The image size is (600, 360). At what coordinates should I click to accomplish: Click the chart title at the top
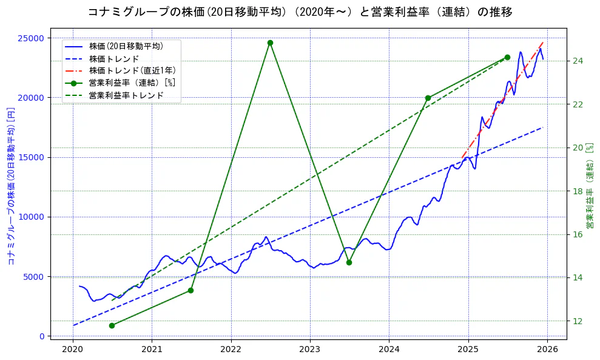click(x=300, y=12)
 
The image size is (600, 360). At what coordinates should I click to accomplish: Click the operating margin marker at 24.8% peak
click(x=270, y=43)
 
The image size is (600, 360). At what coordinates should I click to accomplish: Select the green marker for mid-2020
click(x=112, y=325)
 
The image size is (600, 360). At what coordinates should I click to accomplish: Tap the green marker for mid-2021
click(x=190, y=290)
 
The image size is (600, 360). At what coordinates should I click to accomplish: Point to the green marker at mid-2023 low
click(x=349, y=262)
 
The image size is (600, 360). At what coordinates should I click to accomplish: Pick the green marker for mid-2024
click(x=428, y=98)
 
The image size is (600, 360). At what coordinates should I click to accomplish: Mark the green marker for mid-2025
click(x=507, y=57)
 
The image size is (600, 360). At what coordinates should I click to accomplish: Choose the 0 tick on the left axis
click(x=42, y=336)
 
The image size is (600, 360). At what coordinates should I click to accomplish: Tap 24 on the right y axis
click(x=578, y=61)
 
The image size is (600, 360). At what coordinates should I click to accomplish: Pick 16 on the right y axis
click(x=578, y=234)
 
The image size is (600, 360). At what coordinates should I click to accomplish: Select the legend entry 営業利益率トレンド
click(x=126, y=95)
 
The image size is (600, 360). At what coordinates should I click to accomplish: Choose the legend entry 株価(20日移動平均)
click(x=126, y=46)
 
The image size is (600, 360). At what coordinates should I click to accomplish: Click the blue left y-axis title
click(x=10, y=186)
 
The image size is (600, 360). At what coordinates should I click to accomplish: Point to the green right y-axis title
click(x=590, y=186)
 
